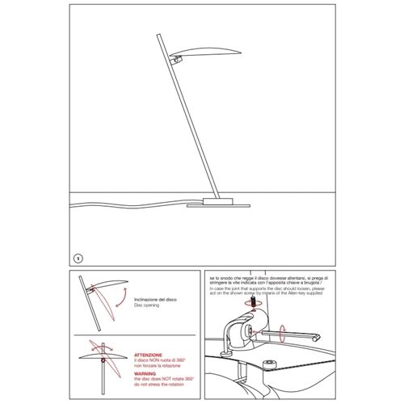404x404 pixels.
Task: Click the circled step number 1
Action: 78,258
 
